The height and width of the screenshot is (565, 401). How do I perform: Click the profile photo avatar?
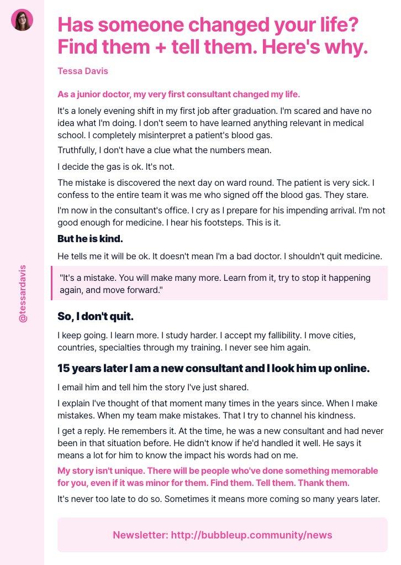coord(22,20)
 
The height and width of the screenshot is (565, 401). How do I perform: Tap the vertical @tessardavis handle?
coord(23,294)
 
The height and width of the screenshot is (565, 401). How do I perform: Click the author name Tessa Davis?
coord(83,71)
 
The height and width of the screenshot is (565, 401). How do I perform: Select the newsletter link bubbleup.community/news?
coord(252,535)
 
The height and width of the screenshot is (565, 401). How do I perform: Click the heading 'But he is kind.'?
coord(90,239)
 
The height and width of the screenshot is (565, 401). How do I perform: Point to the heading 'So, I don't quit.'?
coord(96,316)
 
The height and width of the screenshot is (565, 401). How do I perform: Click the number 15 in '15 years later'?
coord(65,368)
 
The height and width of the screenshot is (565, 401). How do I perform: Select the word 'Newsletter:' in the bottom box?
coord(140,535)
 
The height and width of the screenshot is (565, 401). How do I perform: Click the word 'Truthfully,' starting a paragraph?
coord(79,150)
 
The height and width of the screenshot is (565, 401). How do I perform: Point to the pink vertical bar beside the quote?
coord(51,283)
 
